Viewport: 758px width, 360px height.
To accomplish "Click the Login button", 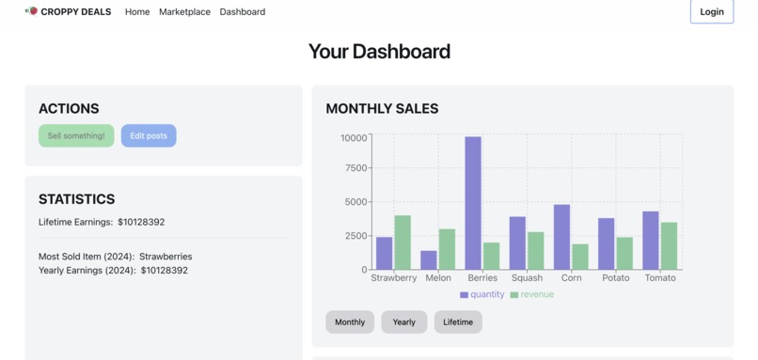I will click(711, 12).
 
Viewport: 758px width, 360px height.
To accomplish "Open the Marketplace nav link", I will click(184, 12).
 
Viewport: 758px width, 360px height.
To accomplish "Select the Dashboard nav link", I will click(242, 12).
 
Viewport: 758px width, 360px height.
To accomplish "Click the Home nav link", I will click(137, 12).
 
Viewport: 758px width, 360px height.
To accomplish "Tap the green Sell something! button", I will click(76, 136).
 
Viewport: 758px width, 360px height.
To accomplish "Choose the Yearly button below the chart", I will click(403, 322).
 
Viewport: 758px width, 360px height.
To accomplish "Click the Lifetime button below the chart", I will click(458, 322).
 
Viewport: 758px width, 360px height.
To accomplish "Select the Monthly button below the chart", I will click(350, 322).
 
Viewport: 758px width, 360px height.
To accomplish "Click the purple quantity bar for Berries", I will click(473, 203).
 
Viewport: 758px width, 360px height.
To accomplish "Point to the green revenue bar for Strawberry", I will click(403, 243).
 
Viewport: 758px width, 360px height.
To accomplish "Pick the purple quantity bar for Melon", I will click(429, 260).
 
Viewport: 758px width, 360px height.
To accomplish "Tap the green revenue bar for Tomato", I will click(669, 246).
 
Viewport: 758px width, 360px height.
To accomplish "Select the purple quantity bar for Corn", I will click(561, 237).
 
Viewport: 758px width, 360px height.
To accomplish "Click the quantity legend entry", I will click(482, 295).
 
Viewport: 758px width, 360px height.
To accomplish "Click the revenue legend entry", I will click(532, 295).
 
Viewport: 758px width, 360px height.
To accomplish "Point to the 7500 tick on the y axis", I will click(355, 168).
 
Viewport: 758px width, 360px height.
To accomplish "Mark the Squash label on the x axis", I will click(527, 278).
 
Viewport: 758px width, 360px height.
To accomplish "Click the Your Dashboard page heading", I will click(379, 52).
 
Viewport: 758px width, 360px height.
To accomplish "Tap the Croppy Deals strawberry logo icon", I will click(32, 11).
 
